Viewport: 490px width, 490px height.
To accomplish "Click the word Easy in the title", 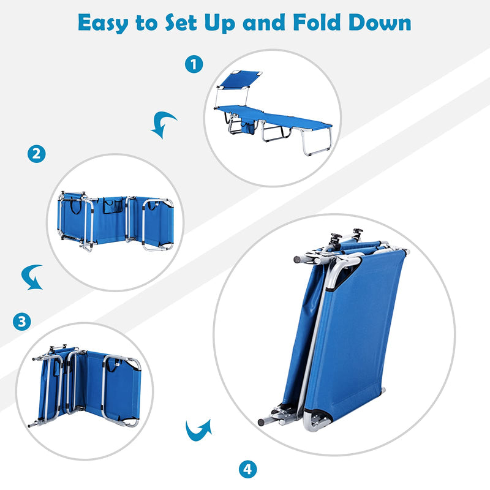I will click(105, 23).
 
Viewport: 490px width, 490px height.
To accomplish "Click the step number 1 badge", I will click(194, 64).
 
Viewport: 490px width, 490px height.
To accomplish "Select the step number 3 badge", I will click(23, 322).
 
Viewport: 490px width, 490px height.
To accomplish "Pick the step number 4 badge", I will click(247, 470).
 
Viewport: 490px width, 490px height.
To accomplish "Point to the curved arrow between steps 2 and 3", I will click(31, 277).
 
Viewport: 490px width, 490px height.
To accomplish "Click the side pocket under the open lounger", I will click(249, 127).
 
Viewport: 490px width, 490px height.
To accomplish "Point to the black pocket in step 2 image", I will click(112, 206).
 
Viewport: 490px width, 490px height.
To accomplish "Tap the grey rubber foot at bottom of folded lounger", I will click(262, 422).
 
